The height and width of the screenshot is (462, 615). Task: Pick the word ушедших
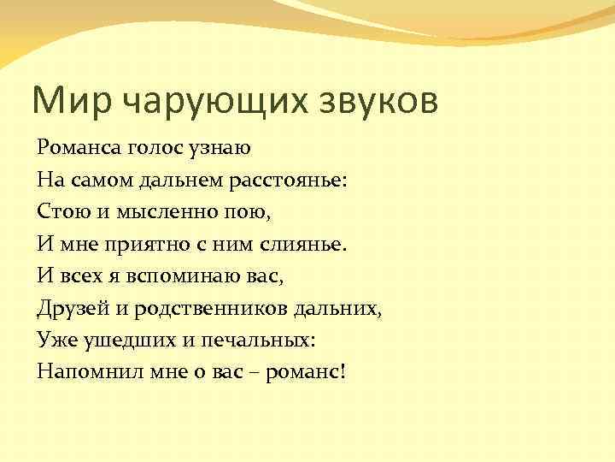click(119, 340)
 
